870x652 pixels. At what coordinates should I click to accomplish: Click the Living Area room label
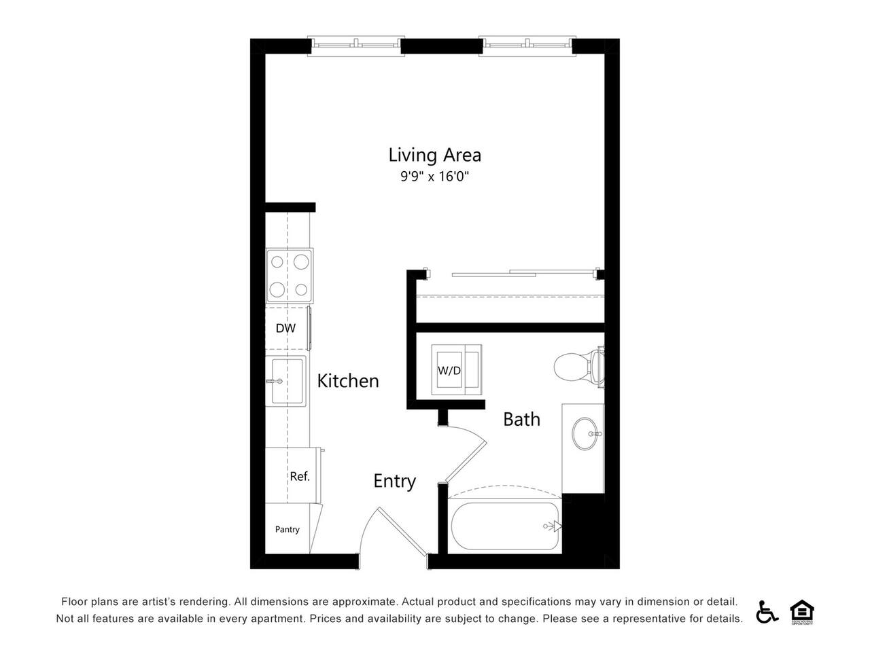click(x=434, y=155)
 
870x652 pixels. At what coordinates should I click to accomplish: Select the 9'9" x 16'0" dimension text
click(x=434, y=176)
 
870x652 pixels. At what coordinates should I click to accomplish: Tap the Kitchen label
click(x=347, y=381)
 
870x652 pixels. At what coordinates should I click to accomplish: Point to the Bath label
click(x=521, y=419)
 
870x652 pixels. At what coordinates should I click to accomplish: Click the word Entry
click(x=394, y=482)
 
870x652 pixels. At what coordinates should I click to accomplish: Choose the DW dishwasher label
click(x=285, y=328)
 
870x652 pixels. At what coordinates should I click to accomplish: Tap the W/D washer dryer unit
click(x=456, y=369)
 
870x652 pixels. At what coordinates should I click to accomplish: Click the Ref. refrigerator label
click(x=299, y=476)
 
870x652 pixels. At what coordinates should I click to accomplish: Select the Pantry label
click(x=287, y=529)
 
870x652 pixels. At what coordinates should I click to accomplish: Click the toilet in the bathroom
click(x=578, y=366)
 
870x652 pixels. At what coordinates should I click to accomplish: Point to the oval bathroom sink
click(x=585, y=433)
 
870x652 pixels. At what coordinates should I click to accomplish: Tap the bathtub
click(x=505, y=526)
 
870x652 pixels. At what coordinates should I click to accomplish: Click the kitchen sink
click(x=285, y=381)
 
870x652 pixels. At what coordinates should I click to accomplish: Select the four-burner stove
click(x=290, y=276)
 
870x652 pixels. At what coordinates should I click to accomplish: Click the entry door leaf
click(x=402, y=531)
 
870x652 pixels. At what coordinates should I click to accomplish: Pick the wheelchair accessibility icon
click(x=767, y=612)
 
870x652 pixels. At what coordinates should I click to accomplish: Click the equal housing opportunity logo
click(x=801, y=612)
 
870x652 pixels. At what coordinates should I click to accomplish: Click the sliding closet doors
click(x=525, y=273)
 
